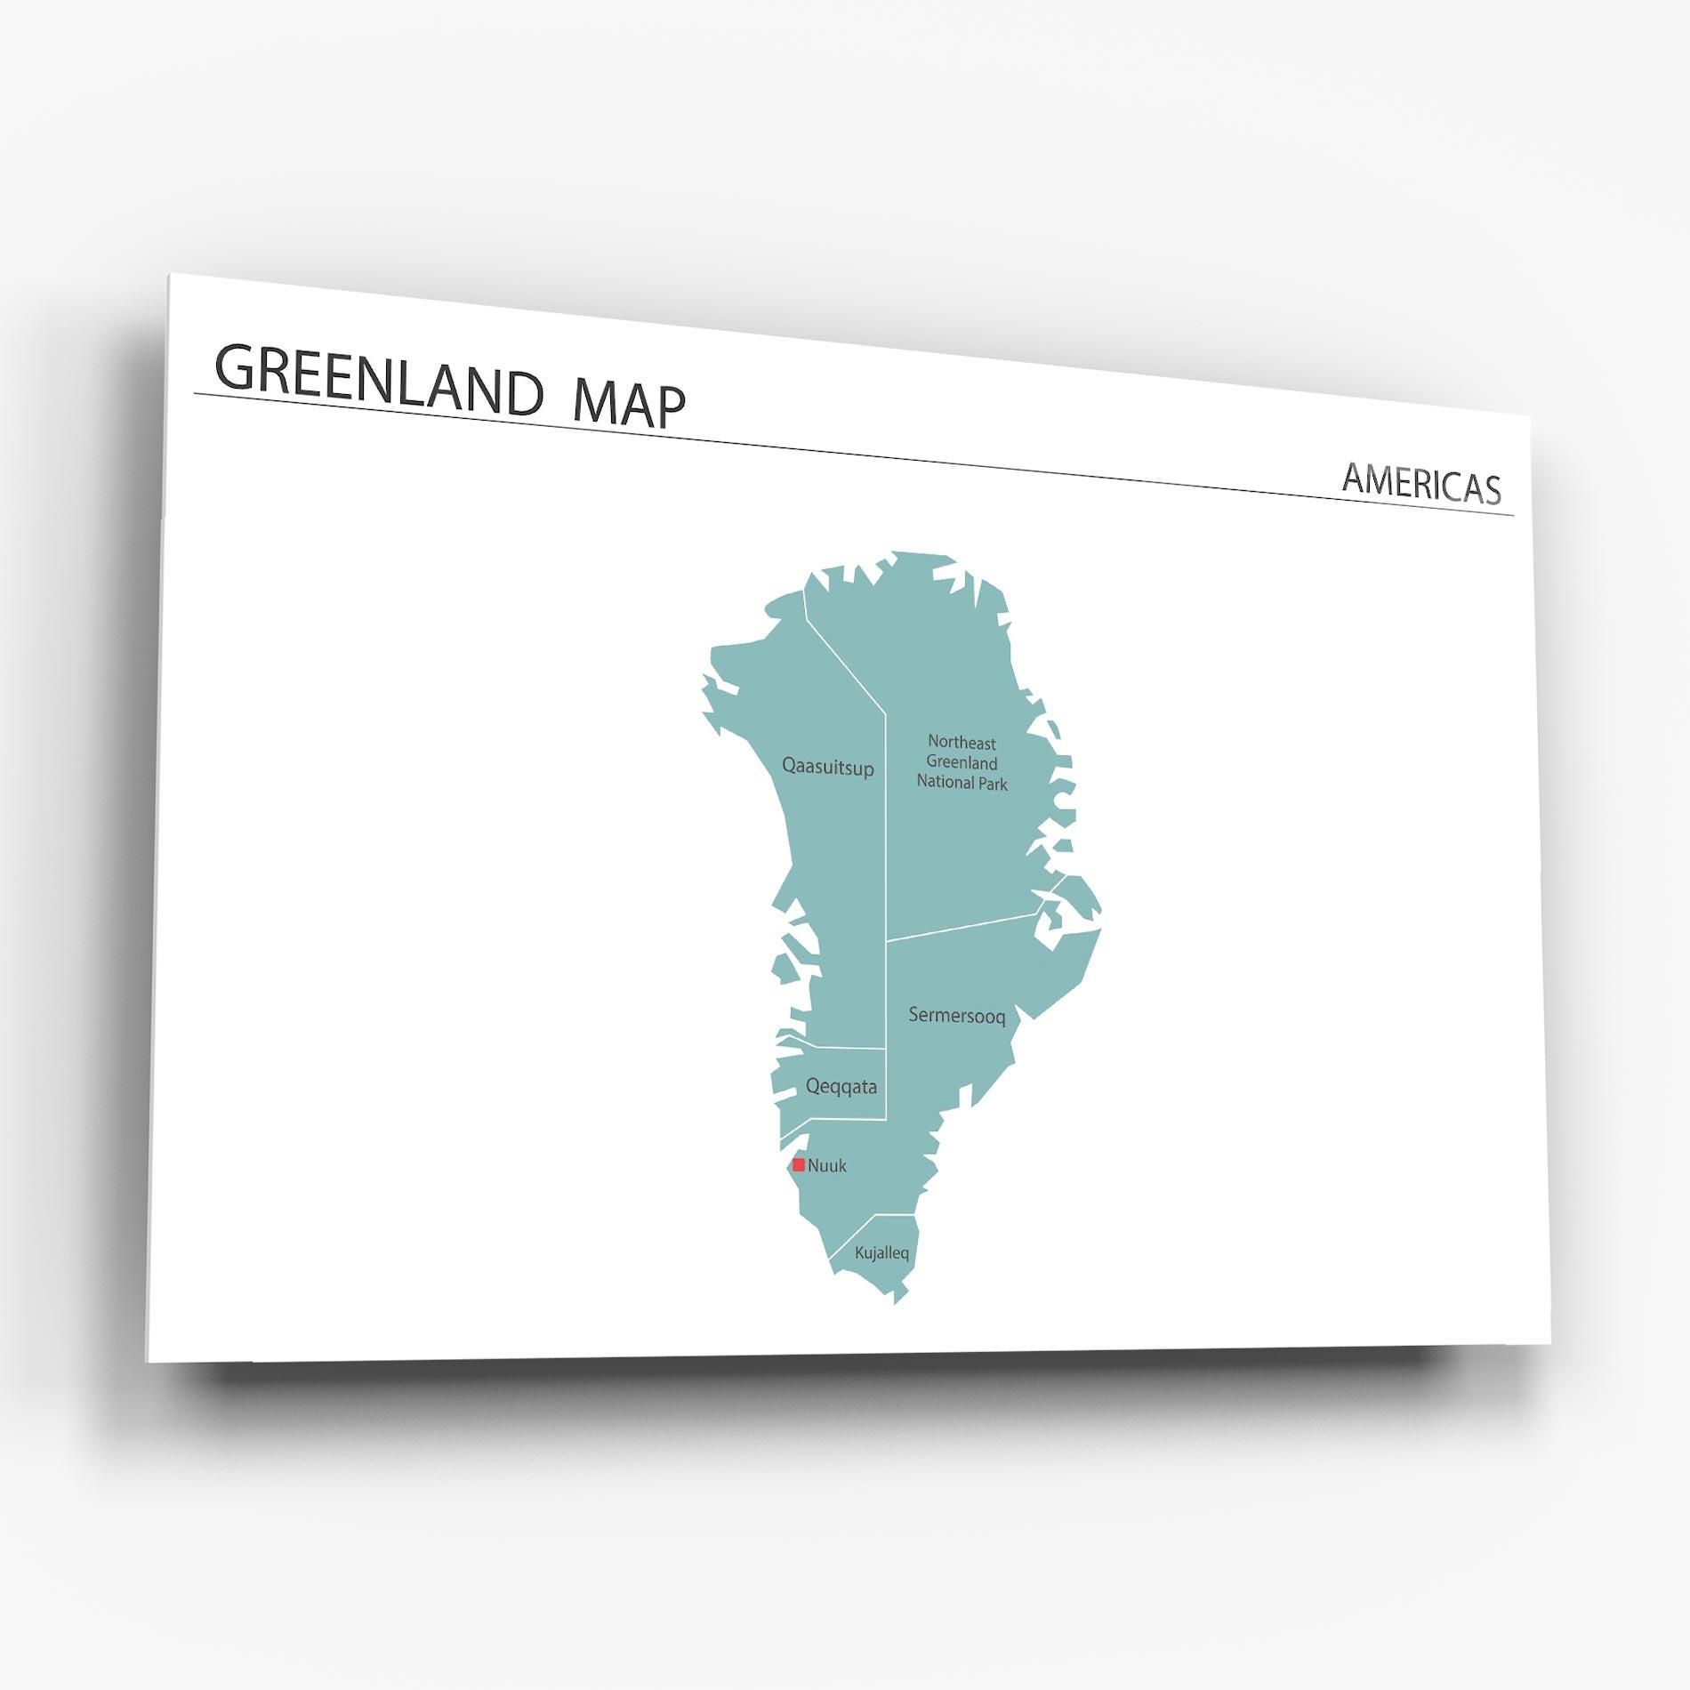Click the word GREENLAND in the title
(378, 381)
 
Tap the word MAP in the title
(630, 406)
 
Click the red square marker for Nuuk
(799, 1164)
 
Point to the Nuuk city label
(827, 1165)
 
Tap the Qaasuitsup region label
(827, 767)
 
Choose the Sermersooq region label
(956, 1015)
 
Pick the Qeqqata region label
(841, 1086)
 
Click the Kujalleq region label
(881, 1253)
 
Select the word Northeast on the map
(962, 742)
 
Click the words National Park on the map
(962, 784)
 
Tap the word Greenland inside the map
(962, 762)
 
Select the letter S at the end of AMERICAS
(1491, 491)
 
